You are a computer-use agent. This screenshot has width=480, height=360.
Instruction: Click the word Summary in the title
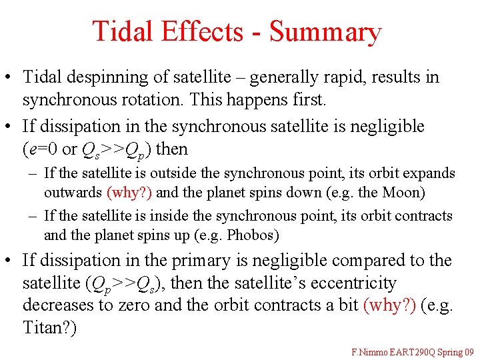(x=325, y=32)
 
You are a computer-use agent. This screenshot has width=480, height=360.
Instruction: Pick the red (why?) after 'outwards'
(x=129, y=193)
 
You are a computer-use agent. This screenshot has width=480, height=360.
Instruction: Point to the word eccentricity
(x=354, y=283)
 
